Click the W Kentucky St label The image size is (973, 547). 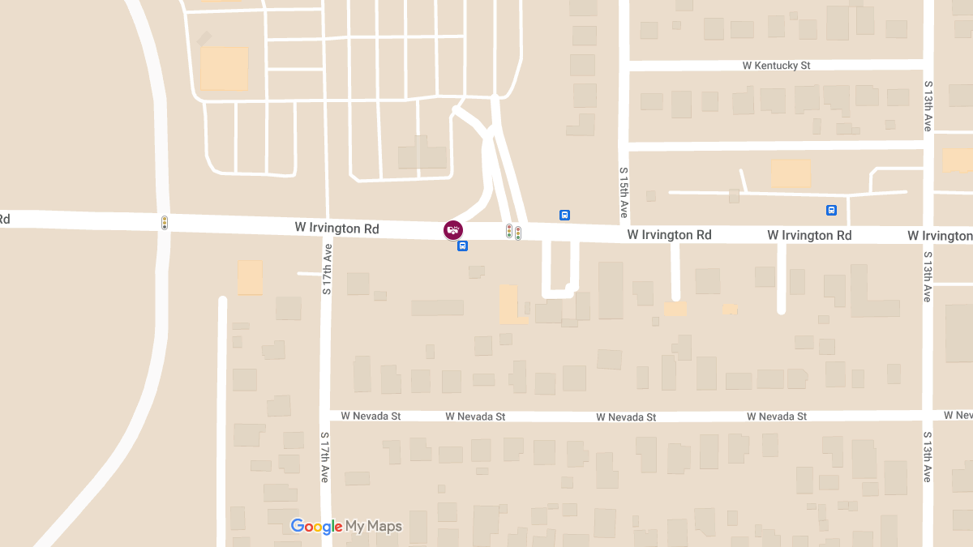coord(777,65)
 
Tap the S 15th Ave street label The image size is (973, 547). coord(624,193)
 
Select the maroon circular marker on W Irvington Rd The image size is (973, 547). coord(453,230)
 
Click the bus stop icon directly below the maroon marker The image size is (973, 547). coord(462,246)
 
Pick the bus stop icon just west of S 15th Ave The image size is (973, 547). coord(564,216)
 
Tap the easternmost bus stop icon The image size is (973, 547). coord(831,211)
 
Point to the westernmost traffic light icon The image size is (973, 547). coord(165,222)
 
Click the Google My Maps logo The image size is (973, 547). coord(346,527)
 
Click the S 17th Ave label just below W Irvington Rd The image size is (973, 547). coord(326,268)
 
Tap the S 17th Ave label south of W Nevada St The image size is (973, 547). coord(324,457)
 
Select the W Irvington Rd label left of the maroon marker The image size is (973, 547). coord(336,229)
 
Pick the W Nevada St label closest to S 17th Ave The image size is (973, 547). coord(371,416)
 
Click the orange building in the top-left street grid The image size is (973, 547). coord(224,68)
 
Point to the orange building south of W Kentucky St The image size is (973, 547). coord(791,173)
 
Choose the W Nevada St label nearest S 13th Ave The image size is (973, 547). coord(777,417)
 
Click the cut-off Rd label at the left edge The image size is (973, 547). coord(5,219)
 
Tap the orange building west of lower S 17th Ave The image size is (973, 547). coord(250,277)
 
